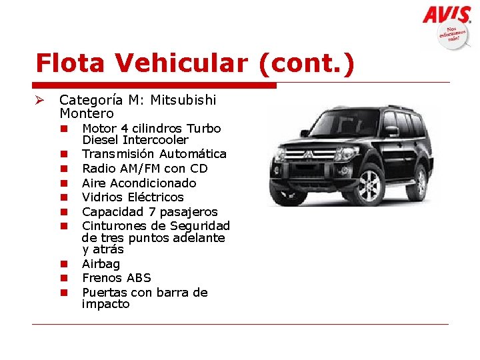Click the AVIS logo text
[x=447, y=15]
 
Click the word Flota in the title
[x=71, y=63]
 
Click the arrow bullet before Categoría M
[x=41, y=100]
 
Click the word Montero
[x=87, y=113]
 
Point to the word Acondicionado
[x=153, y=183]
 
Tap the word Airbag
[x=101, y=264]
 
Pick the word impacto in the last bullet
[x=105, y=304]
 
